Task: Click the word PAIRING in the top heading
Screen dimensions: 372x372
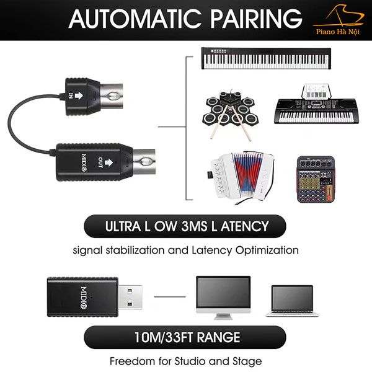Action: point(257,19)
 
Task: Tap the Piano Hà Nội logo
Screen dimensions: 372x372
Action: point(338,20)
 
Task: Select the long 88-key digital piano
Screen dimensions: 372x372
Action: point(266,58)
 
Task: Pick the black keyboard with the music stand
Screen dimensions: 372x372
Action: point(316,104)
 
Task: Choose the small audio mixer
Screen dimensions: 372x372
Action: point(316,179)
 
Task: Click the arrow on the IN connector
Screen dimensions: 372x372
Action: point(79,95)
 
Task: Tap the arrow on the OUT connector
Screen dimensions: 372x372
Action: point(108,162)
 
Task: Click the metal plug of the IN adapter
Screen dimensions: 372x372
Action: point(111,97)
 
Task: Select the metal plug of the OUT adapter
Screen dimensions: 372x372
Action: point(144,162)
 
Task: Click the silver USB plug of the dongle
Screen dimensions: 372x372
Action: point(130,297)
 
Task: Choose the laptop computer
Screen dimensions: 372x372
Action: point(292,301)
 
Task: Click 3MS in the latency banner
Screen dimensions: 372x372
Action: point(194,226)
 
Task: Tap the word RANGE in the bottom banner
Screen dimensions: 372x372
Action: point(218,337)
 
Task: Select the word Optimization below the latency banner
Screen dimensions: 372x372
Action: point(267,250)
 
